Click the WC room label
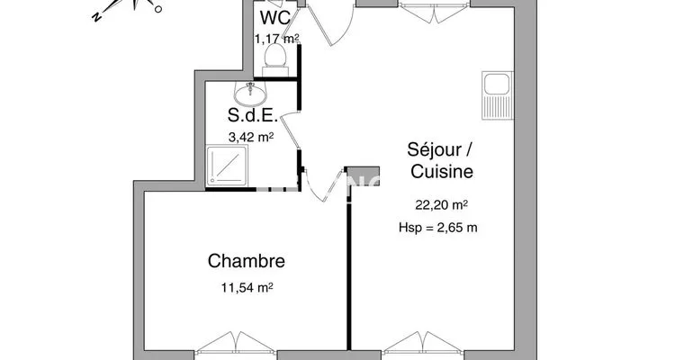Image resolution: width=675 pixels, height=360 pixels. point(276,18)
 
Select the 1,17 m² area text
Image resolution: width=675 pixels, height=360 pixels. point(277,40)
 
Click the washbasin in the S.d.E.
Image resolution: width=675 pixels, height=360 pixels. point(250,93)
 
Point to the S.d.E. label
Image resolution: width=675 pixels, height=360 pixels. point(252,115)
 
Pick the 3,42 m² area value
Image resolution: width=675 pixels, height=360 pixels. point(251,138)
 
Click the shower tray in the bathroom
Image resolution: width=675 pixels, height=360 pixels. point(227,166)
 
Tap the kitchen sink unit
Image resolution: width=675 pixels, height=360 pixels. point(497,95)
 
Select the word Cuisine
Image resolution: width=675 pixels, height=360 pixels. point(442,171)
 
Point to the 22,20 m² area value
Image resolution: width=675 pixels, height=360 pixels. point(441,205)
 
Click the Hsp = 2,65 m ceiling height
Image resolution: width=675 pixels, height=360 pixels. point(437,228)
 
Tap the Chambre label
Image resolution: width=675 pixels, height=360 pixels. point(247,261)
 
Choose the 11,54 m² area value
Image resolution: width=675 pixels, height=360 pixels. point(247,287)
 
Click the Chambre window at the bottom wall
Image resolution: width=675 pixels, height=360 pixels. point(236,343)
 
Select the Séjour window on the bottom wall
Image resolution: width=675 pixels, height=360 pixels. point(423,343)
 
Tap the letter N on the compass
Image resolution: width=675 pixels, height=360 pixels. point(96,17)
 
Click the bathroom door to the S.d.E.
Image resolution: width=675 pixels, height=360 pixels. point(289,130)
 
